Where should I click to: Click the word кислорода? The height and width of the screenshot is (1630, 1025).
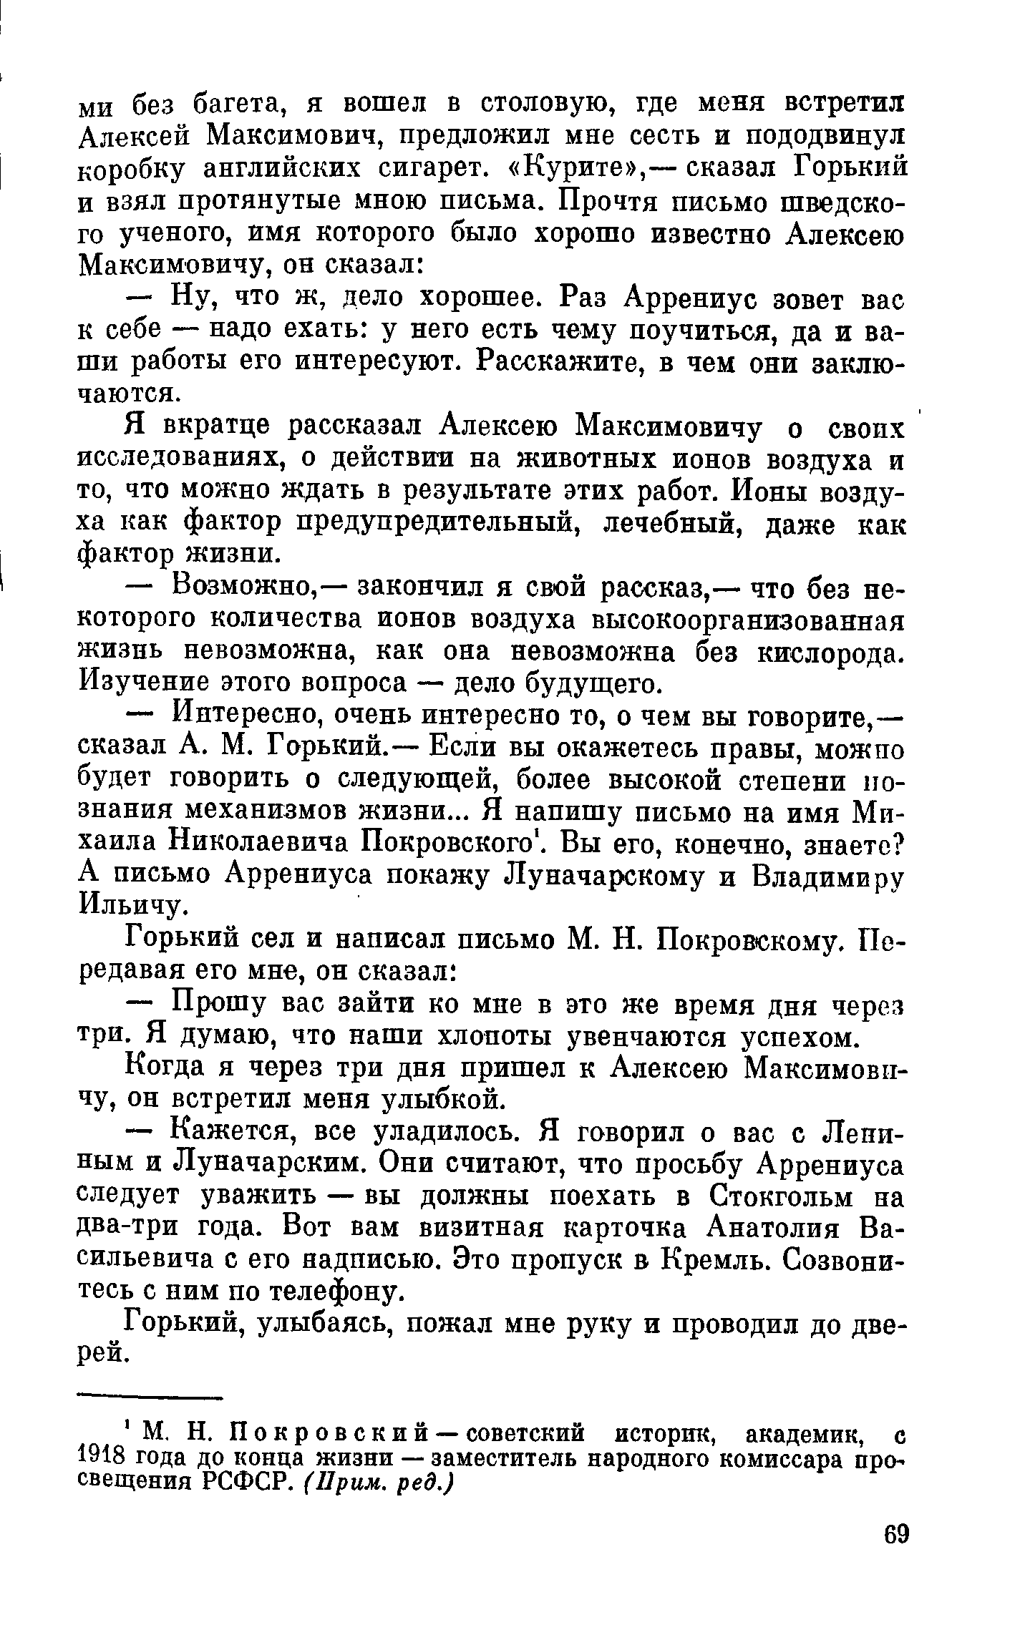coord(830,652)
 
